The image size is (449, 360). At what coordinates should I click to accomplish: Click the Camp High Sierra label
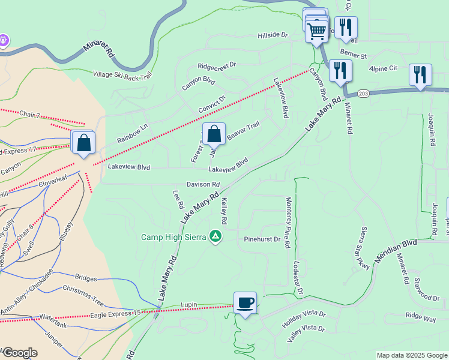point(174,236)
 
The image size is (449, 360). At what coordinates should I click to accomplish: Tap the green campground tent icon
point(215,236)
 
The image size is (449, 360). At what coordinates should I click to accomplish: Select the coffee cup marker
point(245,303)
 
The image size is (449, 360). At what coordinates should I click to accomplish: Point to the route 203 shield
point(363,93)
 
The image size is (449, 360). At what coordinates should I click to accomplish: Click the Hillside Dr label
point(273,35)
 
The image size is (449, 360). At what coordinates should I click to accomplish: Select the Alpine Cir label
point(384,68)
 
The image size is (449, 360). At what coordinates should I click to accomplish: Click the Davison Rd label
point(203,185)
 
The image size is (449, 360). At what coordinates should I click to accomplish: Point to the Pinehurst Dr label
point(262,239)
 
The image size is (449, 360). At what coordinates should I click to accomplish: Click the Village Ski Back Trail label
point(123,75)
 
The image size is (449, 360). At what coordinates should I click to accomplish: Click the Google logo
point(20,353)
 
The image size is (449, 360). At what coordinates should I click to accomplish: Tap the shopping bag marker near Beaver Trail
point(214,135)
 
